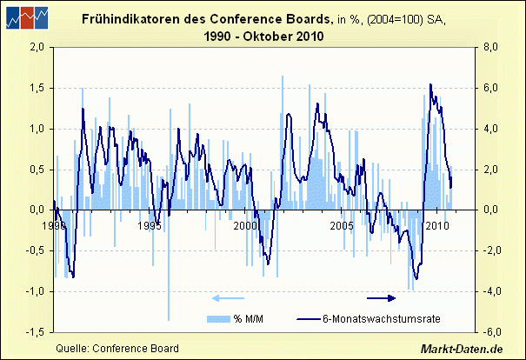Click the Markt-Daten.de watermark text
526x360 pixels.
pyautogui.click(x=462, y=349)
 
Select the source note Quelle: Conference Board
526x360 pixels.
pyautogui.click(x=117, y=348)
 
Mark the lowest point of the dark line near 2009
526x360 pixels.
pyautogui.click(x=416, y=278)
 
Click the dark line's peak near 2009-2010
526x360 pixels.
pyautogui.click(x=431, y=84)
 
